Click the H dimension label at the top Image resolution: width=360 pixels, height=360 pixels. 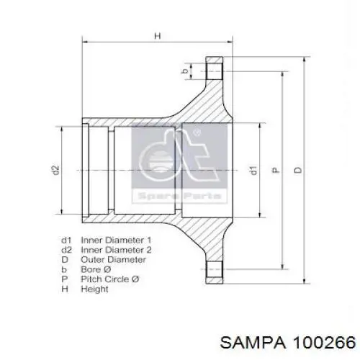[x=158, y=36]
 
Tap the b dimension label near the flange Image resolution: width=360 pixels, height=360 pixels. [x=185, y=71]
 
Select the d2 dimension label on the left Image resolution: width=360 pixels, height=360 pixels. [x=55, y=170]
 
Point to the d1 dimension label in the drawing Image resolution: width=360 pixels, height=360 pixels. [x=253, y=170]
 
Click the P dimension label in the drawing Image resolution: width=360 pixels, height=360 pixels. [x=276, y=170]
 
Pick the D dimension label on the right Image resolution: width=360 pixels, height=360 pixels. [x=298, y=170]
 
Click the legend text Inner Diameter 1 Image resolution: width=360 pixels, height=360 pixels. [x=116, y=240]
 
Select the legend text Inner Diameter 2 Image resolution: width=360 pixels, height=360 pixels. [x=116, y=250]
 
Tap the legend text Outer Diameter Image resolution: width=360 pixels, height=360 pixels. [x=113, y=259]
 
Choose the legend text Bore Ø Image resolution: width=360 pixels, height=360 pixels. [x=96, y=269]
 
